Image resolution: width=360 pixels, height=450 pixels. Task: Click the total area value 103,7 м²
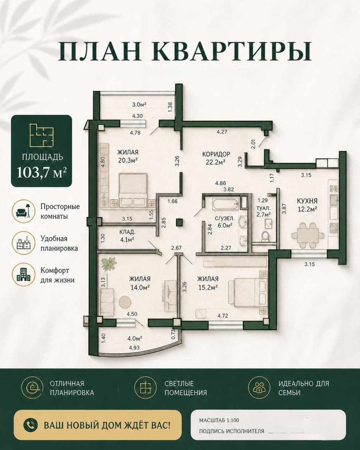pos(42,173)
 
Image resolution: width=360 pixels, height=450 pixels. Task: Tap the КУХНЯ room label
pos(307,201)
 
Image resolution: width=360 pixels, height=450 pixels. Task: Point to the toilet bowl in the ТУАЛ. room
pos(266,236)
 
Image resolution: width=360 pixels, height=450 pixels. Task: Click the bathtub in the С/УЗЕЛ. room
pos(225,203)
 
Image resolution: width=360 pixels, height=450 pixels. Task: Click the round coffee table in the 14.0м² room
pos(125,302)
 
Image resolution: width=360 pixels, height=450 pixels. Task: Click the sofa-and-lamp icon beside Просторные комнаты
pos(23,211)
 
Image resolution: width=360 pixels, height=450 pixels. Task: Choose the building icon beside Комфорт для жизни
pos(23,275)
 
